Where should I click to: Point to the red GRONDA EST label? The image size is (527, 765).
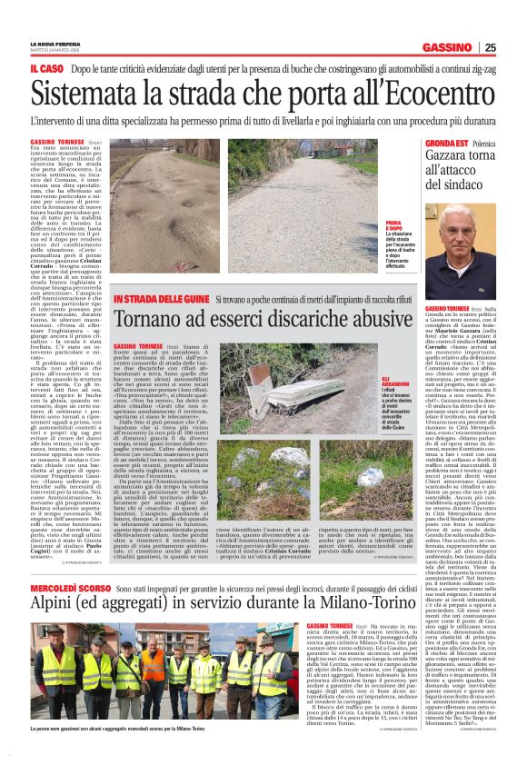447,144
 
